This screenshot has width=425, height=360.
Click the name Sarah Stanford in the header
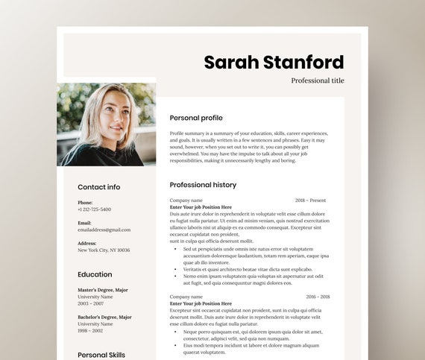click(x=274, y=62)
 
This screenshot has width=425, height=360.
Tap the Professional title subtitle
click(x=318, y=80)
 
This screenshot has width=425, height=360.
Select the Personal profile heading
click(x=196, y=118)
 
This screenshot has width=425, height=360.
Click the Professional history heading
click(x=203, y=185)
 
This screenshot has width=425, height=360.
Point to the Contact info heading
click(x=98, y=187)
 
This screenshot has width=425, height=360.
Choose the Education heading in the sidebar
click(x=95, y=274)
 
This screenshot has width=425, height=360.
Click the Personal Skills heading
click(x=101, y=355)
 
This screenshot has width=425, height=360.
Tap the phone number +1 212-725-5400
click(x=94, y=209)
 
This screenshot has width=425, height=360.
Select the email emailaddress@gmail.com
click(x=104, y=230)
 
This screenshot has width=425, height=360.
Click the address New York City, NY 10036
click(x=104, y=250)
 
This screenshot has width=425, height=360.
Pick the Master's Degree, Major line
click(x=103, y=290)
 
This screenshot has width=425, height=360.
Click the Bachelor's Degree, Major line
click(x=105, y=317)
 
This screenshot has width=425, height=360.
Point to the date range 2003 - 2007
click(x=92, y=303)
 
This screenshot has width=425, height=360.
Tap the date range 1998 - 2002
click(x=92, y=330)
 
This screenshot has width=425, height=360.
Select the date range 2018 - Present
click(x=310, y=200)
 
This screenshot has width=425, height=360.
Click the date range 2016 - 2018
click(x=318, y=297)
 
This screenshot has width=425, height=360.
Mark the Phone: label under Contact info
click(x=85, y=203)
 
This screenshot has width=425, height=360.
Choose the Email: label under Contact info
click(x=84, y=223)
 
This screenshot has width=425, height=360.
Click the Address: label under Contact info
click(x=86, y=243)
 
